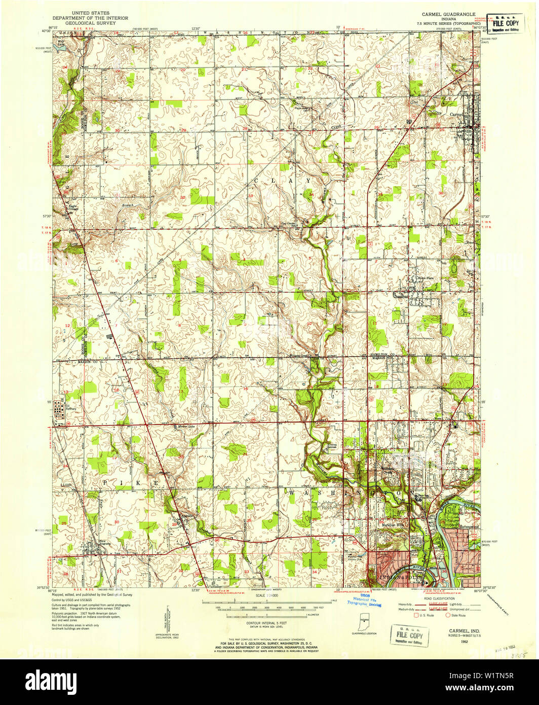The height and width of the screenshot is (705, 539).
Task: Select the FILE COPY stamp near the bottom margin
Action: (x=410, y=635)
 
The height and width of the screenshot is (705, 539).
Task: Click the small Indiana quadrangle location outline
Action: (x=364, y=621)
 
